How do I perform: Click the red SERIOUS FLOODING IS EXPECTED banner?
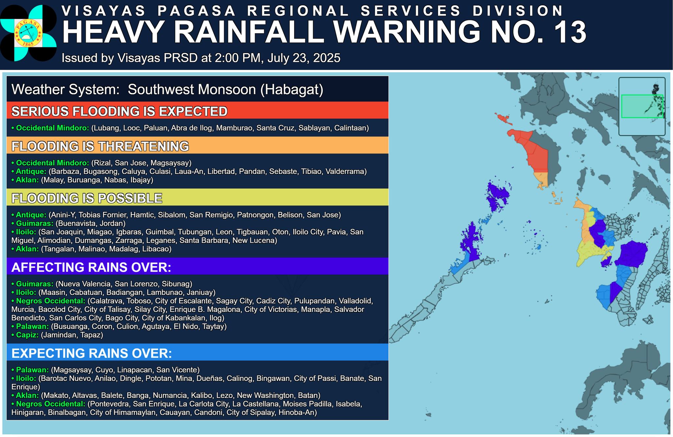[x=197, y=111]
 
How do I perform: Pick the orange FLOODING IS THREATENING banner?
[x=197, y=146]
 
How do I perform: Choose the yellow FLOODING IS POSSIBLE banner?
[x=197, y=198]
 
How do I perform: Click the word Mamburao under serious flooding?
[x=235, y=128]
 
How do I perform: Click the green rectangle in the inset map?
[x=642, y=106]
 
